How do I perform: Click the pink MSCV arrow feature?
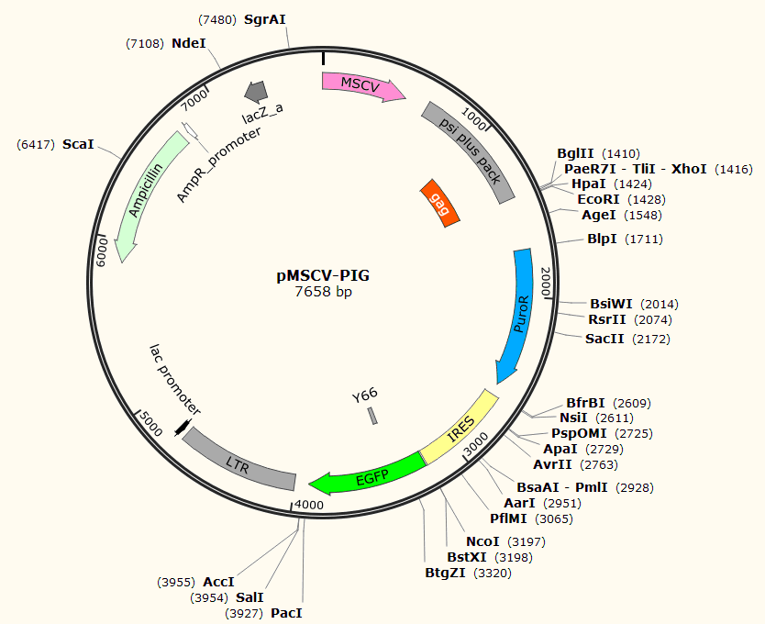click(362, 84)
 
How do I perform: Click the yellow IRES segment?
click(460, 427)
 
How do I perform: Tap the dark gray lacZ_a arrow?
click(255, 90)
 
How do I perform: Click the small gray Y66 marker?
click(372, 416)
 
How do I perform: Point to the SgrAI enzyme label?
click(265, 19)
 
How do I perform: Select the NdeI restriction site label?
click(189, 43)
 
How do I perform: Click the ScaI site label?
click(78, 145)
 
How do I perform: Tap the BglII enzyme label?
click(575, 153)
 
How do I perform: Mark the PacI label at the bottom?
click(286, 612)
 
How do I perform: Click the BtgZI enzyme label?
click(447, 574)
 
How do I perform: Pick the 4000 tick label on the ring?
click(309, 505)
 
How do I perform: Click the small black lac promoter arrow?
click(183, 427)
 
